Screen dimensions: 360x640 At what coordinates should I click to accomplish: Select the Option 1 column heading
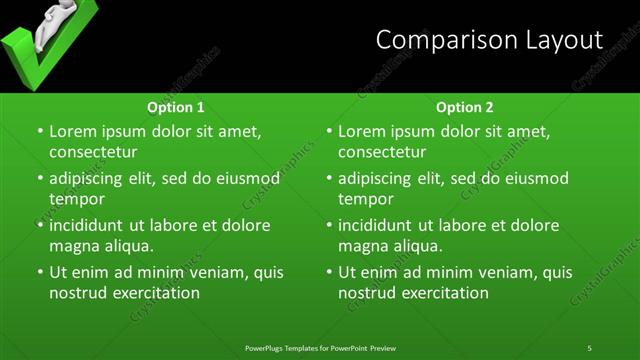click(176, 107)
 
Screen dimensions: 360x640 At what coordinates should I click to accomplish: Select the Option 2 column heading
click(465, 107)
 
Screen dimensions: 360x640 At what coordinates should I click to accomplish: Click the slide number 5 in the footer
click(590, 347)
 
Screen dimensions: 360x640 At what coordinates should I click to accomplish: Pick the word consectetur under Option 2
click(382, 152)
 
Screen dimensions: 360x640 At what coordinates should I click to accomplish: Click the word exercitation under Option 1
click(155, 293)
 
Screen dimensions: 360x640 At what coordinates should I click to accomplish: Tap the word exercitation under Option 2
click(444, 293)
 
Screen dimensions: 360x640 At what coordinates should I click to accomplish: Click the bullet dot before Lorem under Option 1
click(40, 131)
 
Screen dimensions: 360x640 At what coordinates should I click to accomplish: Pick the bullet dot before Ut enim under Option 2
click(329, 272)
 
